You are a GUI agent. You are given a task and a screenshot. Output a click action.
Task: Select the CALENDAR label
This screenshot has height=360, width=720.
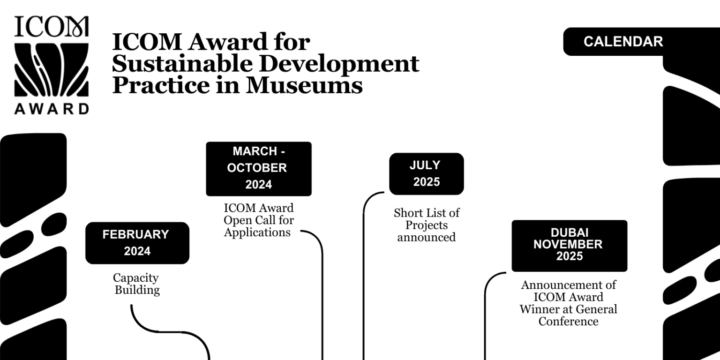tap(623, 42)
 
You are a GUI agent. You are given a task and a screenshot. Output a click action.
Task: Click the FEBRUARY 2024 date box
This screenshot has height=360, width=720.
tap(137, 243)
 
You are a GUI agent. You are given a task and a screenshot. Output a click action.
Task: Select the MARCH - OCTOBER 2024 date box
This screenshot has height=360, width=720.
tap(258, 168)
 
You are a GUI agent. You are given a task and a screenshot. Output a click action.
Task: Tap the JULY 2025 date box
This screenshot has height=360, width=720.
tap(426, 173)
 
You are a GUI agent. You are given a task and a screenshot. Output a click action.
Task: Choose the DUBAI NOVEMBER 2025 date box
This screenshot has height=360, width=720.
tap(569, 245)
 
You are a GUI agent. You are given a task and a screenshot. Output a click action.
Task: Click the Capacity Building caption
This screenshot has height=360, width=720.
tap(137, 284)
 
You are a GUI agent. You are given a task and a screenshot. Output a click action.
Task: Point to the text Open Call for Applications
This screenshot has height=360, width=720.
tap(258, 226)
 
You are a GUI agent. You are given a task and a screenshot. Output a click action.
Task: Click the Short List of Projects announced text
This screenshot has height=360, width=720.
tap(426, 225)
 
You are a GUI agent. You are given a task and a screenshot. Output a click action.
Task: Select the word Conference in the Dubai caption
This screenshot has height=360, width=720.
tap(568, 322)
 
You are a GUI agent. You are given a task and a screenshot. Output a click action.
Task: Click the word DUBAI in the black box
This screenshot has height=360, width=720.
tap(570, 233)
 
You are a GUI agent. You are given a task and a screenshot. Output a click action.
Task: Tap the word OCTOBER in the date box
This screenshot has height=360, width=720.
tap(257, 168)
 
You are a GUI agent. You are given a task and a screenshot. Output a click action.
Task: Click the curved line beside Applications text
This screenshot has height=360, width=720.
tap(321, 262)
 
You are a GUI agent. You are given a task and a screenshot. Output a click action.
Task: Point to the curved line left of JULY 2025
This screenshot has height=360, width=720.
tap(364, 234)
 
